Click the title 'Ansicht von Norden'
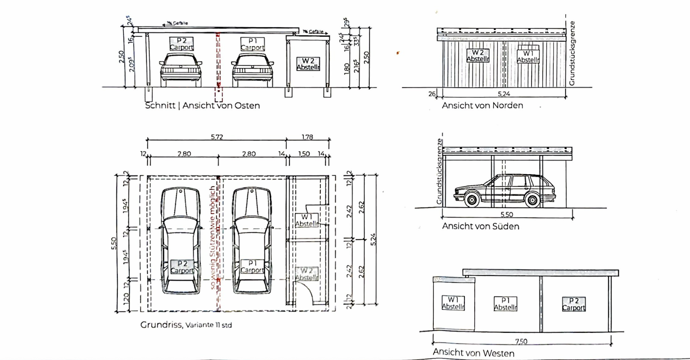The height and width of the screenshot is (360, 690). pyautogui.click(x=482, y=105)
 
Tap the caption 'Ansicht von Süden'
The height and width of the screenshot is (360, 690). pyautogui.click(x=480, y=226)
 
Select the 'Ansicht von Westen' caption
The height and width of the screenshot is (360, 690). pyautogui.click(x=473, y=353)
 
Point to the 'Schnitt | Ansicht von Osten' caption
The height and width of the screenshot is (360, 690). pyautogui.click(x=202, y=106)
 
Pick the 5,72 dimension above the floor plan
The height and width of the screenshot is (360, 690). pyautogui.click(x=217, y=137)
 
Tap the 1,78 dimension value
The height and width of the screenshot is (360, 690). pyautogui.click(x=307, y=137)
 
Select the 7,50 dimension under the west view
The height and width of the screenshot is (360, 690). pyautogui.click(x=521, y=341)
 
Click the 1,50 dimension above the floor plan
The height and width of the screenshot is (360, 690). pyautogui.click(x=304, y=154)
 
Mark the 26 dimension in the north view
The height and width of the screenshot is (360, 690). pyautogui.click(x=432, y=94)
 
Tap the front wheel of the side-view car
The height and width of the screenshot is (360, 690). pyautogui.click(x=472, y=200)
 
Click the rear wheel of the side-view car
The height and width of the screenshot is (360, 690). pyautogui.click(x=531, y=200)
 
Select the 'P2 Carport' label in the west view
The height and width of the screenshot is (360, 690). pyautogui.click(x=574, y=304)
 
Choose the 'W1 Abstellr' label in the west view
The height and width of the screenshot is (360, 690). pyautogui.click(x=453, y=303)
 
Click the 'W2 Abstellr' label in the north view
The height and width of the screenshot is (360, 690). pyautogui.click(x=478, y=56)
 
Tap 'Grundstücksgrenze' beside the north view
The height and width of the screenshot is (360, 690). pyautogui.click(x=572, y=53)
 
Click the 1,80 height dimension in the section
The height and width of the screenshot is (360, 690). pyautogui.click(x=347, y=67)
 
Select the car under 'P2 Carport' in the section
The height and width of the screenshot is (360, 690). pyautogui.click(x=181, y=70)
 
